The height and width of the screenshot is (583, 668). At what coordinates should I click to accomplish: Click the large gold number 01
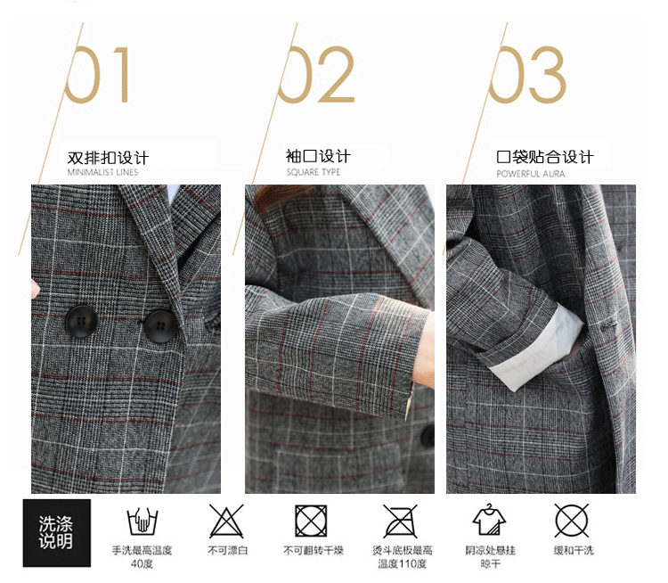[97, 75]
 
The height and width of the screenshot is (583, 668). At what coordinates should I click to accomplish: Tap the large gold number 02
[316, 75]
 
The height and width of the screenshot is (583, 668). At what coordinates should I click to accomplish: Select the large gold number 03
[527, 75]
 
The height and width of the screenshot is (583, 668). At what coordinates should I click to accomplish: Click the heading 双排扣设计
[108, 158]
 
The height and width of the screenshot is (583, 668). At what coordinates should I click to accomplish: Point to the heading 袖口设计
[318, 156]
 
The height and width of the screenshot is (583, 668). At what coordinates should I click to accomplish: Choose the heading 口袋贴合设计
[545, 157]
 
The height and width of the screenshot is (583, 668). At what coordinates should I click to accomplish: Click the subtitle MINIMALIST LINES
[102, 172]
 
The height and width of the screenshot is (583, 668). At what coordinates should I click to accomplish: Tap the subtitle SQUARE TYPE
[314, 172]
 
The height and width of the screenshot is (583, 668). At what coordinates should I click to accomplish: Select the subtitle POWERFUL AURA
[531, 174]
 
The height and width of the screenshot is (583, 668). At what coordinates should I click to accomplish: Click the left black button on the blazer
[81, 321]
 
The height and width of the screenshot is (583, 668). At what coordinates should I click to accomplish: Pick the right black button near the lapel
[160, 326]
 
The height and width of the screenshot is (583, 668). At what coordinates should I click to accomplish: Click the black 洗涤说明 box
[57, 533]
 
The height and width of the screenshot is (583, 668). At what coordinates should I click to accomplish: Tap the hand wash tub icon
[142, 521]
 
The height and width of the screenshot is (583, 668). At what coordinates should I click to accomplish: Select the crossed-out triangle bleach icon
[226, 521]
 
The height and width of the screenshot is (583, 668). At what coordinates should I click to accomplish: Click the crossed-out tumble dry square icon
[311, 521]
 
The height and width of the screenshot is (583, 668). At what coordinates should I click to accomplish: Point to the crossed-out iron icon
[400, 521]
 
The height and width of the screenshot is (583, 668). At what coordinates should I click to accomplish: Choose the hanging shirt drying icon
[489, 520]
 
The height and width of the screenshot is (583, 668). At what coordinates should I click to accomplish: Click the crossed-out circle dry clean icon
[572, 521]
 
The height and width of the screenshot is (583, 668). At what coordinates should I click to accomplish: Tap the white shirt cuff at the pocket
[537, 349]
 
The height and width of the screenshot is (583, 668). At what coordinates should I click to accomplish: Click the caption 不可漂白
[227, 551]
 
